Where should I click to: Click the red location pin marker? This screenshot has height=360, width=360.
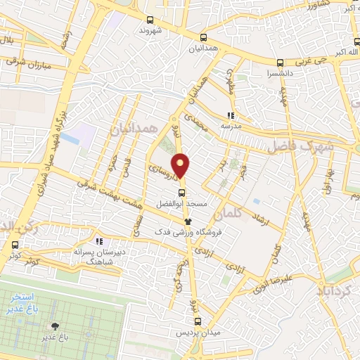tap(181, 166)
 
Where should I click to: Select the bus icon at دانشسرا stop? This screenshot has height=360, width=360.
tap(281, 61)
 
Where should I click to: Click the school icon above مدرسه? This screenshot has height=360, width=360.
tap(231, 115)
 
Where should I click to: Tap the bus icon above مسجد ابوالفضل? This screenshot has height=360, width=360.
tap(181, 193)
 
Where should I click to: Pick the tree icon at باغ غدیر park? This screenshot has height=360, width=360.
tap(54, 326)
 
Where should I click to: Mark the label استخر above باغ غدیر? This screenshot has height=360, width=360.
tap(48, 299)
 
